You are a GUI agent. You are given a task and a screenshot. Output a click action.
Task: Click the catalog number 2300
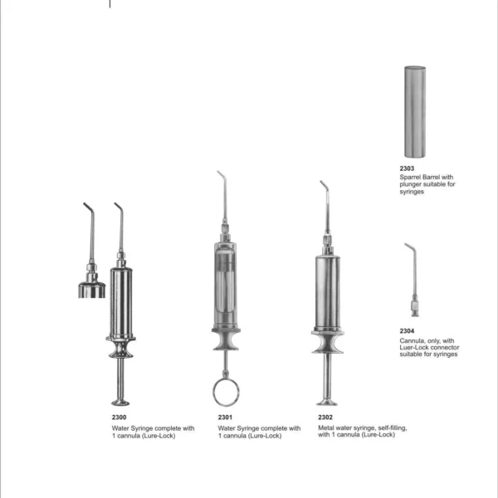[x=119, y=417]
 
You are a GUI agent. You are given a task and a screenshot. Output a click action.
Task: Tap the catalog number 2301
[x=225, y=417]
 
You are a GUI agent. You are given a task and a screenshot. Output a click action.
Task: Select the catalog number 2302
[x=325, y=417]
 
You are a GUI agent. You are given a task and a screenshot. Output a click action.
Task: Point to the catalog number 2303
[x=407, y=168]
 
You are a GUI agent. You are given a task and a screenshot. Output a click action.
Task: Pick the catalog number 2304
[x=407, y=331]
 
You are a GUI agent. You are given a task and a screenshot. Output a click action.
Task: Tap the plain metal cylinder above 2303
[x=415, y=112]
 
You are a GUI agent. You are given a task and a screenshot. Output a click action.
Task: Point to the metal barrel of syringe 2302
[x=328, y=292]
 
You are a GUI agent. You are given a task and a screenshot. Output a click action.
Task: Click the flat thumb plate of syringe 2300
[x=120, y=403]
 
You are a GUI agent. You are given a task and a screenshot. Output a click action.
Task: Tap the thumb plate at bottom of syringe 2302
[x=326, y=403]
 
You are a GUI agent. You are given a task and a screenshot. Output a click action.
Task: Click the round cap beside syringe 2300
[x=92, y=289]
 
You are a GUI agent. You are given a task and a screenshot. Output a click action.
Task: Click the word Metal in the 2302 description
[x=325, y=428]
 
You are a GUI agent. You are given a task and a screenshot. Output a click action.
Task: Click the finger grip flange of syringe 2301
[x=226, y=339]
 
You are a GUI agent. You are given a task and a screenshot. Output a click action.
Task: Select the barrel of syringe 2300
[x=121, y=303]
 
